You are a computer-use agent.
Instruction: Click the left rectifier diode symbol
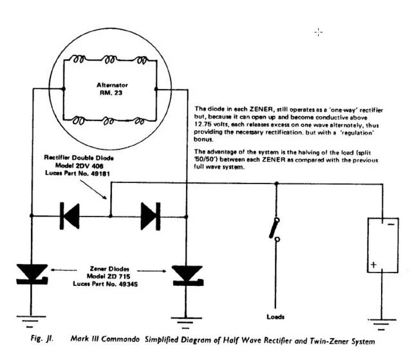click(68, 216)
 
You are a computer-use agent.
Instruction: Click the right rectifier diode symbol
click(149, 216)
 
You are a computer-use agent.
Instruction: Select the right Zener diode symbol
click(187, 274)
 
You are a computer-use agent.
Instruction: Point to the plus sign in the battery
click(371, 265)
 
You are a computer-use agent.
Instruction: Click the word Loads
click(275, 317)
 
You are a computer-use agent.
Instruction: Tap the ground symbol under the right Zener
click(187, 319)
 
